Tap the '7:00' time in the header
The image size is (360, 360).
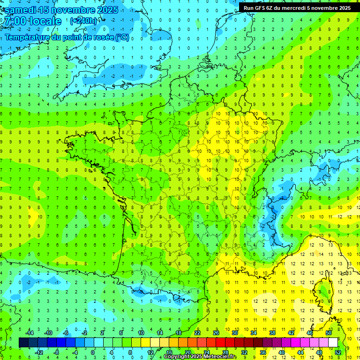click(14, 21)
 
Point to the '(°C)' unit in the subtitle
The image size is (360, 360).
click(122, 37)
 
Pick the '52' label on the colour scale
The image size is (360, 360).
click(338, 352)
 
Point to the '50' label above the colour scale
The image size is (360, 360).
click(329, 333)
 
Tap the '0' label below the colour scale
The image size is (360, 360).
click(93, 352)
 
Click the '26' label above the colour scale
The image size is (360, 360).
click(216, 333)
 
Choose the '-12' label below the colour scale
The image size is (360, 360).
click(40, 352)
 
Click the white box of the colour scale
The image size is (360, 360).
click(333, 343)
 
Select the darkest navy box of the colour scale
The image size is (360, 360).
click(23, 343)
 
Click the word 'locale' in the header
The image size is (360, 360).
click(45, 21)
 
